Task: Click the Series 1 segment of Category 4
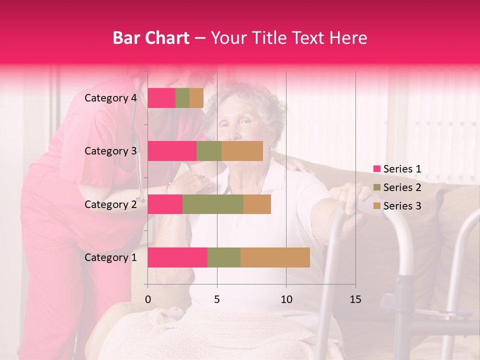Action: (161, 98)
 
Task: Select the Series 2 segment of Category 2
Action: (213, 204)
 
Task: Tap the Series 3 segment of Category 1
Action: (275, 257)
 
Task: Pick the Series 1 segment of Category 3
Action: (172, 151)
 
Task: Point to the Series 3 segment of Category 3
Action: (242, 151)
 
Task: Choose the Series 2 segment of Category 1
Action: (224, 257)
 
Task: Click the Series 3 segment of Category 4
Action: (196, 98)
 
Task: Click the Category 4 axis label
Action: (110, 98)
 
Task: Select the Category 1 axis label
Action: (110, 257)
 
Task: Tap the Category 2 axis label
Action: (110, 204)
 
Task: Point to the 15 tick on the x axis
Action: (355, 299)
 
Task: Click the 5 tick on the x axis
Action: (217, 299)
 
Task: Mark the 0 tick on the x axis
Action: (147, 299)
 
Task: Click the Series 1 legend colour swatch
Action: (376, 169)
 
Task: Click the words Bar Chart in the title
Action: (150, 38)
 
